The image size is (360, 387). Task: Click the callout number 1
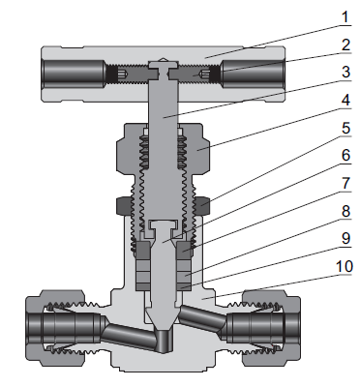click(345, 17)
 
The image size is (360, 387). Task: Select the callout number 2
click(346, 45)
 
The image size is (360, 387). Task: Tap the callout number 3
click(346, 72)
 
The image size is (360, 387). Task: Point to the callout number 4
click(346, 100)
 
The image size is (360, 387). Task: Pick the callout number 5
click(346, 128)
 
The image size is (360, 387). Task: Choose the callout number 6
click(346, 155)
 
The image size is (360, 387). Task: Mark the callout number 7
click(346, 183)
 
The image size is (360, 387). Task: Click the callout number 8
click(346, 211)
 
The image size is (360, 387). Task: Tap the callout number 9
click(346, 239)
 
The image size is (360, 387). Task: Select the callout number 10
click(345, 267)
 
